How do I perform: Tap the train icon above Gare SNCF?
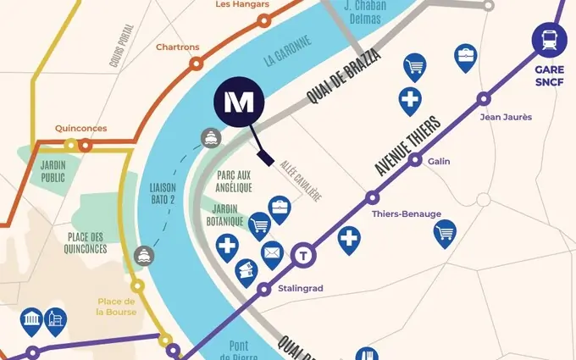click(548, 39)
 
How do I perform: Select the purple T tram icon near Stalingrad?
click(303, 254)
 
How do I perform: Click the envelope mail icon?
click(272, 252)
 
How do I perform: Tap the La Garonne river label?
click(289, 51)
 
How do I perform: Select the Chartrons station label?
click(177, 47)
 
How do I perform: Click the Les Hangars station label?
click(241, 4)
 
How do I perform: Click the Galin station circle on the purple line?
click(415, 158)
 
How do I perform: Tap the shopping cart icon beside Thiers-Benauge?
click(445, 231)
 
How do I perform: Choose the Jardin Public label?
click(53, 172)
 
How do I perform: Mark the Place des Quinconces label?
click(86, 243)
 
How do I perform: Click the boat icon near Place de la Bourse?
click(145, 254)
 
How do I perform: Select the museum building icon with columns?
click(30, 318)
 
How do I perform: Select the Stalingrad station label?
click(300, 289)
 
